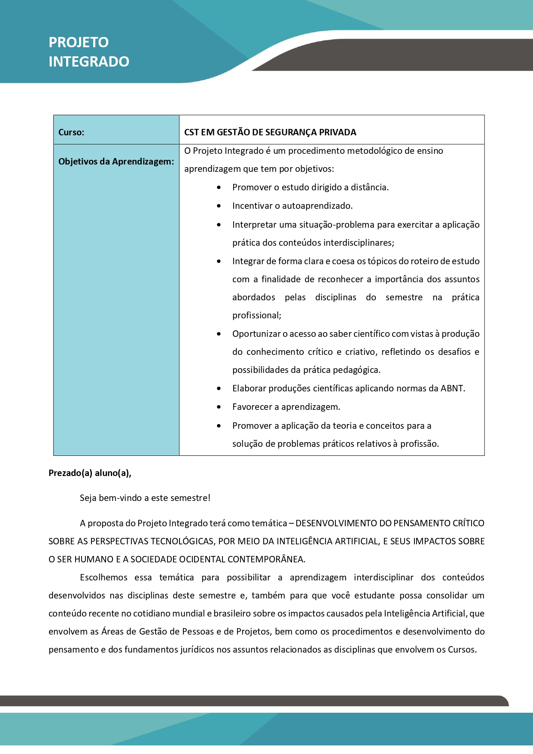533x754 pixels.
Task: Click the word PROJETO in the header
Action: click(x=79, y=43)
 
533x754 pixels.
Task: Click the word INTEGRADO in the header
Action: click(x=89, y=62)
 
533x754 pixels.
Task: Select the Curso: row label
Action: click(x=71, y=132)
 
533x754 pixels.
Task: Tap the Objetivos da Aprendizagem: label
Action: click(x=116, y=162)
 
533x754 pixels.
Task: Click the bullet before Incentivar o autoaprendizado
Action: click(x=219, y=206)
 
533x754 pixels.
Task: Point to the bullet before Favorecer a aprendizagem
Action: click(x=219, y=407)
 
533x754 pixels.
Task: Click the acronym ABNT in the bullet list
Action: click(x=452, y=388)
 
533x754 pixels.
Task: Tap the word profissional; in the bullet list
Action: click(x=257, y=315)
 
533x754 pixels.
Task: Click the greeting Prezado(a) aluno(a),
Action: click(x=90, y=473)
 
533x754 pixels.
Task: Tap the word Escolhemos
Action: click(x=104, y=577)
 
